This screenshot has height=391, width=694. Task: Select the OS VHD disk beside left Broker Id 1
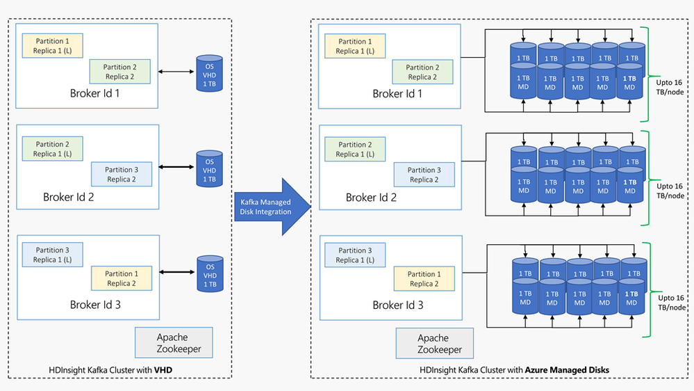[x=206, y=72]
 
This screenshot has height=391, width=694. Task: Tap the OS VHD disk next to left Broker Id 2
[x=206, y=168]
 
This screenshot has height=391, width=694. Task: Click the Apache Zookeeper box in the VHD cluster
[x=172, y=342]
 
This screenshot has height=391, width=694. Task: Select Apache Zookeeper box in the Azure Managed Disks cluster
[x=433, y=343]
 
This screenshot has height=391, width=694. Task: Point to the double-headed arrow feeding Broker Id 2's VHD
[x=176, y=167]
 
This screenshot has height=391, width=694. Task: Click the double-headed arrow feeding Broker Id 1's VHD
[x=176, y=71]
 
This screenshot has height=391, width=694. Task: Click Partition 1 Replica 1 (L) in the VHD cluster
[x=52, y=46]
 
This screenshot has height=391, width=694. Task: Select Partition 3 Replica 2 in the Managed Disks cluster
[x=424, y=175]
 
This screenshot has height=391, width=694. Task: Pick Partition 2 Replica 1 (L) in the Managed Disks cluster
[x=355, y=149]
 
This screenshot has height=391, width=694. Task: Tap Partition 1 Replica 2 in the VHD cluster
[x=122, y=278]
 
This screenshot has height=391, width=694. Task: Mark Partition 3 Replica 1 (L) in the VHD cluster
[x=52, y=255]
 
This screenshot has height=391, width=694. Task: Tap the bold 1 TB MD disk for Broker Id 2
[x=630, y=186]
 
